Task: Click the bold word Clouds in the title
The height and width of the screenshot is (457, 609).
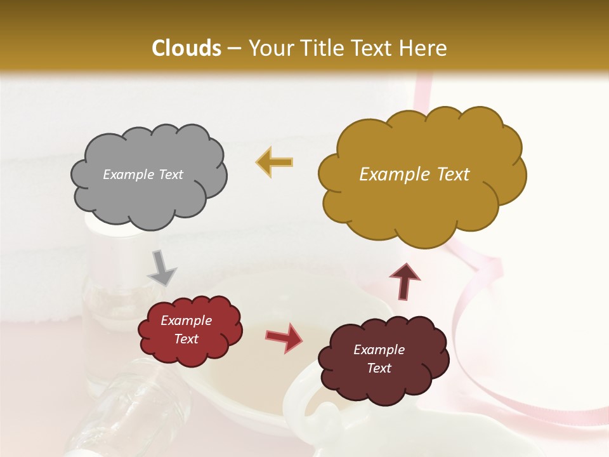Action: pyautogui.click(x=187, y=48)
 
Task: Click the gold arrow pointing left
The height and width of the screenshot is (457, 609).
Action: pyautogui.click(x=275, y=162)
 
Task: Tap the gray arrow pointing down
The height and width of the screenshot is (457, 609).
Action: pyautogui.click(x=162, y=268)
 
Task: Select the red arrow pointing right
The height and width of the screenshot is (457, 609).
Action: pyautogui.click(x=284, y=337)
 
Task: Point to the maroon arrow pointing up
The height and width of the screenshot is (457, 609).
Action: pyautogui.click(x=405, y=282)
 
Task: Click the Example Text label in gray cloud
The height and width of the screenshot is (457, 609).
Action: pyautogui.click(x=143, y=175)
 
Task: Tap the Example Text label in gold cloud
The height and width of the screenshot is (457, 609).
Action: pyautogui.click(x=414, y=175)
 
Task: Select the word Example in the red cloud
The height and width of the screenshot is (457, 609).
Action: pyautogui.click(x=186, y=321)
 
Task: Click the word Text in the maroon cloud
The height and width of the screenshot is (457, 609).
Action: pyautogui.click(x=379, y=368)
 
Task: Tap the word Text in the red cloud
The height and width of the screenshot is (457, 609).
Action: pyautogui.click(x=186, y=339)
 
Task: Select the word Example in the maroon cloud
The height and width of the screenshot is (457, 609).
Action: pyautogui.click(x=379, y=350)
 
